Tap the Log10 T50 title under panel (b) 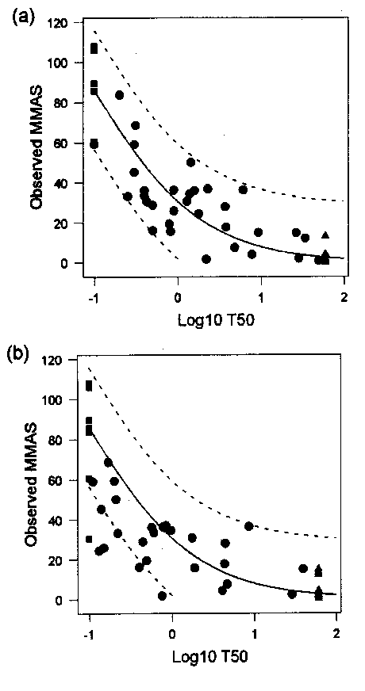coord(207,658)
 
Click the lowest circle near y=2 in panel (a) coord(206,259)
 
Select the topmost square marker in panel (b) coord(90,386)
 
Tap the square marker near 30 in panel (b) coord(90,540)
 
